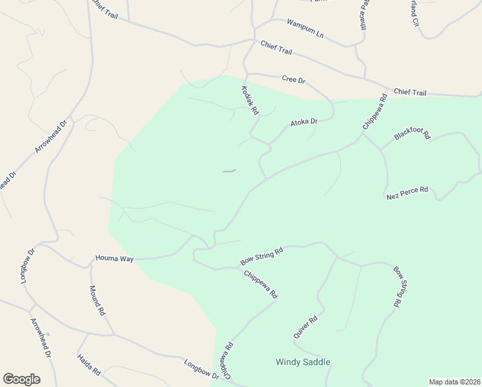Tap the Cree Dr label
(293, 79)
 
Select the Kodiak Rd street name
(249, 101)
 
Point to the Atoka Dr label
(304, 122)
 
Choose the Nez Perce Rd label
(407, 192)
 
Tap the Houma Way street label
(114, 259)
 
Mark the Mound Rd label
(97, 300)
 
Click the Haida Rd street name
(89, 364)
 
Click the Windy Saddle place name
(303, 362)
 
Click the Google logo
(21, 379)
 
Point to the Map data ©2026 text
(454, 381)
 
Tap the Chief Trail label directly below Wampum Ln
(276, 47)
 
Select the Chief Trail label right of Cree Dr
(410, 93)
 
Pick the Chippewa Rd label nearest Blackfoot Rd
(374, 112)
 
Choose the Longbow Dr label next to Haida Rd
(201, 369)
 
